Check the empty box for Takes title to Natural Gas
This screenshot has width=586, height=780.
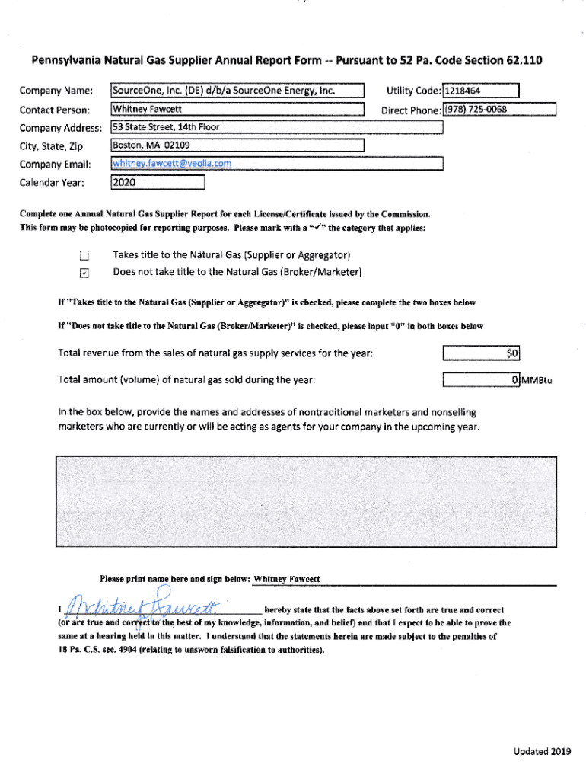coord(85,256)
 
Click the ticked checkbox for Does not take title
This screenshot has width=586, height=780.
coord(85,273)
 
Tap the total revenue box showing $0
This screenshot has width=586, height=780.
coord(482,353)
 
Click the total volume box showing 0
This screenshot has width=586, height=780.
coord(482,379)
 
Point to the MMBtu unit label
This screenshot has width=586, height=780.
coord(537,380)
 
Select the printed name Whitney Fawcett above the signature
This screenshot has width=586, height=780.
coord(286,579)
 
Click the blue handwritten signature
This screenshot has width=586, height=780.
coord(141,607)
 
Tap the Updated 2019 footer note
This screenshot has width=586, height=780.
coord(541,752)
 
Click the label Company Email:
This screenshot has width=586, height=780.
coord(56,165)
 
